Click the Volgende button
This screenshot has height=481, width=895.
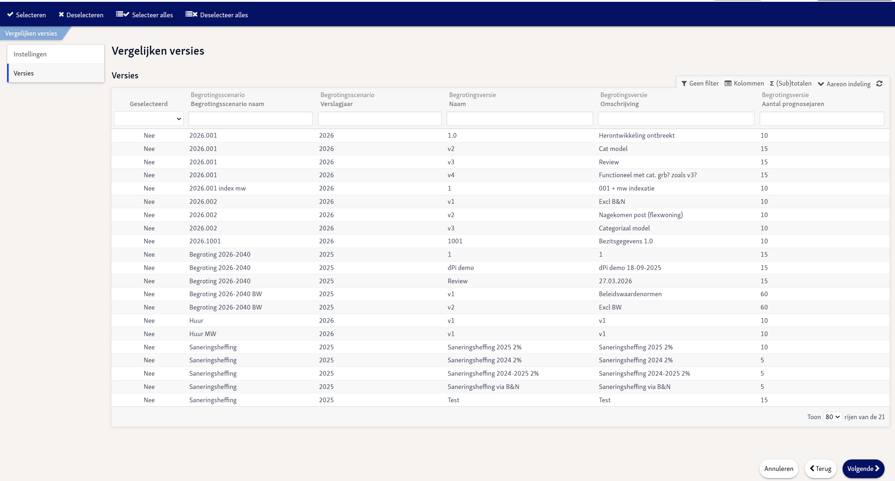863,468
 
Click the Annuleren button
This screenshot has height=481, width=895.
779,468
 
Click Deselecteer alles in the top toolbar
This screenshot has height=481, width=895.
217,15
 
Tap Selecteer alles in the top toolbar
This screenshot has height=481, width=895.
144,15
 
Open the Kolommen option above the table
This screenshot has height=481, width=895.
744,83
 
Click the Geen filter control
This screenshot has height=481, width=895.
700,83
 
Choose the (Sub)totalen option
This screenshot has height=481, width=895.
790,83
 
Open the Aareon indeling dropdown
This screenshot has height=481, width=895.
844,84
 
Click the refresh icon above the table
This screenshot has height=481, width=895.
879,83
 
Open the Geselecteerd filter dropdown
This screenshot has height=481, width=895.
149,119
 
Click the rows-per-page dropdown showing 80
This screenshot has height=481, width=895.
832,417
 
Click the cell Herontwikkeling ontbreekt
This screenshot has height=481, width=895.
637,136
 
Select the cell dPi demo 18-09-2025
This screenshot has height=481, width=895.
630,268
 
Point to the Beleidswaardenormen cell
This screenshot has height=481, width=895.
630,294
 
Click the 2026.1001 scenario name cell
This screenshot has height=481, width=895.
205,241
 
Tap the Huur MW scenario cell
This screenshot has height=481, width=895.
203,334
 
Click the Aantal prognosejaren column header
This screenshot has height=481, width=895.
793,104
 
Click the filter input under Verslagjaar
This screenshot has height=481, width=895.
380,119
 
